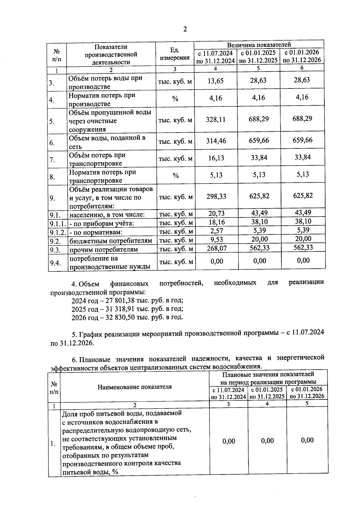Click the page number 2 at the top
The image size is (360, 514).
185,29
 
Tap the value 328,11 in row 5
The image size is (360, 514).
215,120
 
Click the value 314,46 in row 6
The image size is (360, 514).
216,141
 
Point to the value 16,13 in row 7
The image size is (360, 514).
216,158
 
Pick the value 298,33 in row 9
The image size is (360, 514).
216,196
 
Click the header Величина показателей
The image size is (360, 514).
259,45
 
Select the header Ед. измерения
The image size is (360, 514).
175,54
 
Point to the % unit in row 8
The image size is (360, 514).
175,176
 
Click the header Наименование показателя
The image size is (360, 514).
135,387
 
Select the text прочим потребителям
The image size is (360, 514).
103,250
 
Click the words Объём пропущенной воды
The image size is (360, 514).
110,113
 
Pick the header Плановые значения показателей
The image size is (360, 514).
268,374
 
